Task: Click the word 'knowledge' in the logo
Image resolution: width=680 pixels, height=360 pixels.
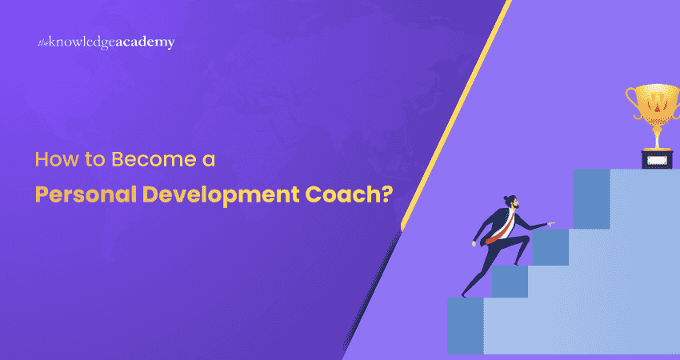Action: (x=82, y=42)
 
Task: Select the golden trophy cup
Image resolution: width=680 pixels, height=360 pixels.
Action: (x=655, y=108)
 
